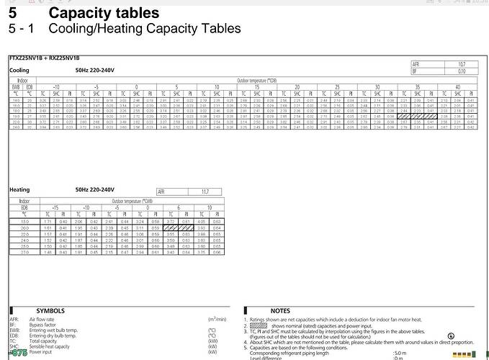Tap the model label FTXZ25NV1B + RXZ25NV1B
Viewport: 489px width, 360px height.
33,56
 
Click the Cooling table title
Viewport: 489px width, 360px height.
19,70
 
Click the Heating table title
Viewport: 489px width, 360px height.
19,189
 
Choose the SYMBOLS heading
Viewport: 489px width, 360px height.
50,310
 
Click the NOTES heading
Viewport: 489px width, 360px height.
280,310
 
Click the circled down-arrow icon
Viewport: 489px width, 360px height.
451,336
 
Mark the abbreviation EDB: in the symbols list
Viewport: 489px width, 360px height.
14,335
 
